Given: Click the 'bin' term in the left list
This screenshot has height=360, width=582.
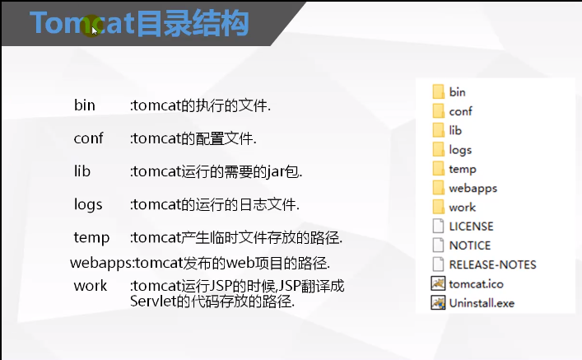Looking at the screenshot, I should coord(85,105).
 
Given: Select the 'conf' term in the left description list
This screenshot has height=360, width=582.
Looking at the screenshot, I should coord(88,138).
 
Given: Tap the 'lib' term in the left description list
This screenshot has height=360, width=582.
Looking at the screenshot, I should coord(82,171).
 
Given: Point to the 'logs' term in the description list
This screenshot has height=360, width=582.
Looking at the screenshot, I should coord(88,203).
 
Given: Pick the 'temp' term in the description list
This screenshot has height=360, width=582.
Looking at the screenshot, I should coord(91,237).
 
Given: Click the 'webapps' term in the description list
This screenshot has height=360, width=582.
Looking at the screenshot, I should coord(100,263).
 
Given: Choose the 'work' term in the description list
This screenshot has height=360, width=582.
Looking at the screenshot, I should coord(91,285).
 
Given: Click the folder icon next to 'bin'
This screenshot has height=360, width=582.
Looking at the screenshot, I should coord(438,91).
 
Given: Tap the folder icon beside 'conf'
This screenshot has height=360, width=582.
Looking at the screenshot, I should coord(438,111).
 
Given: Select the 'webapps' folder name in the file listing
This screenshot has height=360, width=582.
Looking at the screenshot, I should coord(473,188).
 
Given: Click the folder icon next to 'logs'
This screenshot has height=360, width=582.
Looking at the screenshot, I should coord(438,149).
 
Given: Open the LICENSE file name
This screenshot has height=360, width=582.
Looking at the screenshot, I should coord(471,226).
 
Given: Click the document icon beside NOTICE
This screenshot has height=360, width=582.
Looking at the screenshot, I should coord(438,245).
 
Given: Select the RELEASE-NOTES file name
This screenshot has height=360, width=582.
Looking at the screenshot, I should coord(492,264).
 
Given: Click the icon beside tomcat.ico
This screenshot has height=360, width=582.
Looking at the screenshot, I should coord(438,283).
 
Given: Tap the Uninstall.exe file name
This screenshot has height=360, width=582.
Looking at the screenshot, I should coord(482,302).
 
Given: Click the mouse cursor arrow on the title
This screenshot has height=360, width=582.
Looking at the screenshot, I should coord(95,30).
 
